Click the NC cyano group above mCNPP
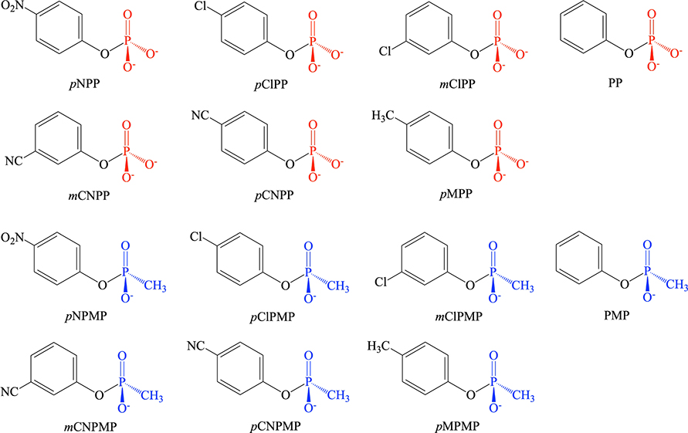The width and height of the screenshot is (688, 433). [x=14, y=162]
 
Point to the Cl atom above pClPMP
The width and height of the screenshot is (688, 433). [x=198, y=236]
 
